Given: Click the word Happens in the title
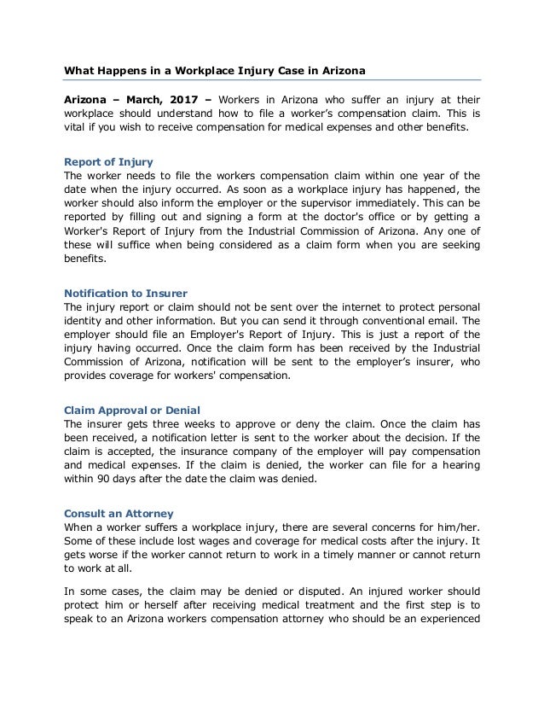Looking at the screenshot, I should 128,69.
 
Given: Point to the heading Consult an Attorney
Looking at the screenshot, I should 119,514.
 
